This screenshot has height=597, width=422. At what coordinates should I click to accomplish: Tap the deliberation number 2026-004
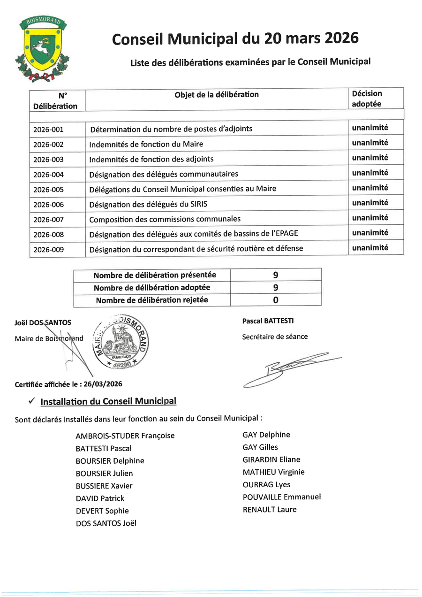click(48, 175)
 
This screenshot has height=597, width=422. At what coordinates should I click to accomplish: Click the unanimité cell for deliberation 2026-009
click(370, 248)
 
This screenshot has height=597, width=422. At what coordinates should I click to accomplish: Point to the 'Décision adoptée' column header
click(367, 99)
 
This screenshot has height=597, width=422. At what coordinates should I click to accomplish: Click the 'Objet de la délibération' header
click(217, 94)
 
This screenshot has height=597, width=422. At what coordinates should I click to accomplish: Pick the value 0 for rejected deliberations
click(276, 300)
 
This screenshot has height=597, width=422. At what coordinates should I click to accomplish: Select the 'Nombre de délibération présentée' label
click(155, 275)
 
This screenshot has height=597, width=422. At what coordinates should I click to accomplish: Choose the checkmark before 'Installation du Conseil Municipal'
click(31, 401)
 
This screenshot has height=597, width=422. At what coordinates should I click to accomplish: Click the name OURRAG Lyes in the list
click(266, 484)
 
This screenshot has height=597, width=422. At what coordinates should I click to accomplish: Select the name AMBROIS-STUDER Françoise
click(125, 436)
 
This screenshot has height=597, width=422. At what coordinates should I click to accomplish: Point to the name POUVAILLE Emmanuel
click(282, 497)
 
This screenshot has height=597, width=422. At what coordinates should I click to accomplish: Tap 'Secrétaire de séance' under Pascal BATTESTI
click(275, 337)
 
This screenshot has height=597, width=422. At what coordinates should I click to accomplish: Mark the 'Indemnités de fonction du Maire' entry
click(146, 145)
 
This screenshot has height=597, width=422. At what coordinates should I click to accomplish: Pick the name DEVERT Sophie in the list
click(102, 511)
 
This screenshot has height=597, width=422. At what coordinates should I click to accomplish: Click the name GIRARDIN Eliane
click(271, 459)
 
